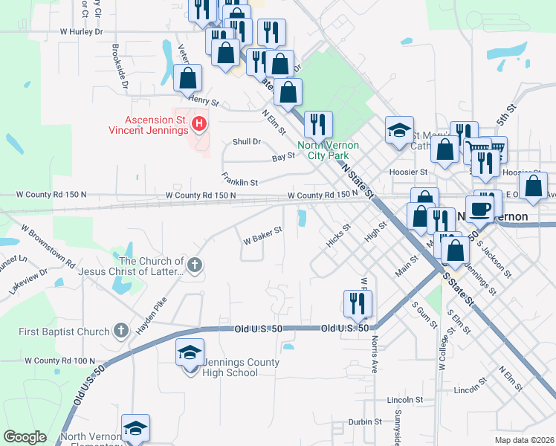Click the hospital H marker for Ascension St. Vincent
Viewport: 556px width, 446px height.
tap(198, 123)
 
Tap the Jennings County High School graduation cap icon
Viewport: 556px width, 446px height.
tap(190, 351)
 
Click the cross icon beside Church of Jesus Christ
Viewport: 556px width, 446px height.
tap(194, 264)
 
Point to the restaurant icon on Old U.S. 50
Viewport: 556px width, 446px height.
tap(358, 303)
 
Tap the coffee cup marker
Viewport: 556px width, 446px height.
tap(479, 207)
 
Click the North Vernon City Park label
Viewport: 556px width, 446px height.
tap(328, 150)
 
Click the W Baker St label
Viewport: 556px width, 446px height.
tap(263, 235)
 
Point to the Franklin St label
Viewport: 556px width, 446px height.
tap(239, 178)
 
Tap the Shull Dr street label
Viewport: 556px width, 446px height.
tap(247, 141)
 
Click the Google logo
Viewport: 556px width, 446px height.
tap(25, 437)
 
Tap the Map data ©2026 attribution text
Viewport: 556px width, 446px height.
tap(524, 440)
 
